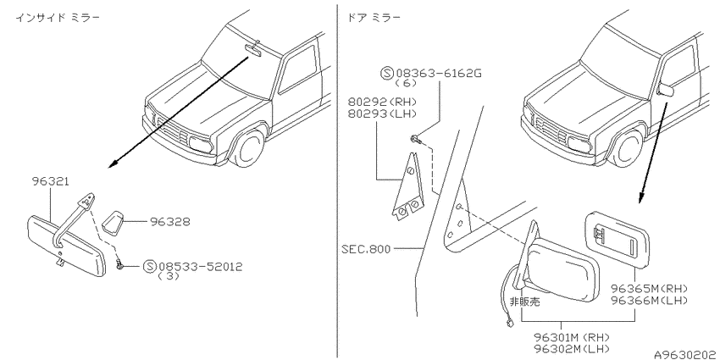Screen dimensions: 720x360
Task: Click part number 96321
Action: pos(51,181)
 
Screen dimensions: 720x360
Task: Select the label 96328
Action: pos(169,222)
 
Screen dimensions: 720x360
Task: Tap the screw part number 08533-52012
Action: pos(200,266)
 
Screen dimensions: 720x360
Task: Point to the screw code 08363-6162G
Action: pos(439,73)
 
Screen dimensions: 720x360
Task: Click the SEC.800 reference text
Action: pos(366,249)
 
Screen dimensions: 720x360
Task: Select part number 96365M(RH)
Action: pos(649,289)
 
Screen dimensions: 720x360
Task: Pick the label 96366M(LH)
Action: pos(649,301)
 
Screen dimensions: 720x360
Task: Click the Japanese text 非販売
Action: pos(525,302)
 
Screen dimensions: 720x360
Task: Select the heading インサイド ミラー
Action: pos(58,18)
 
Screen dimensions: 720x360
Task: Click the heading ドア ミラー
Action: pos(374,18)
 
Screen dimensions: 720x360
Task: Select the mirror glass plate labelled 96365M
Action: pos(618,238)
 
